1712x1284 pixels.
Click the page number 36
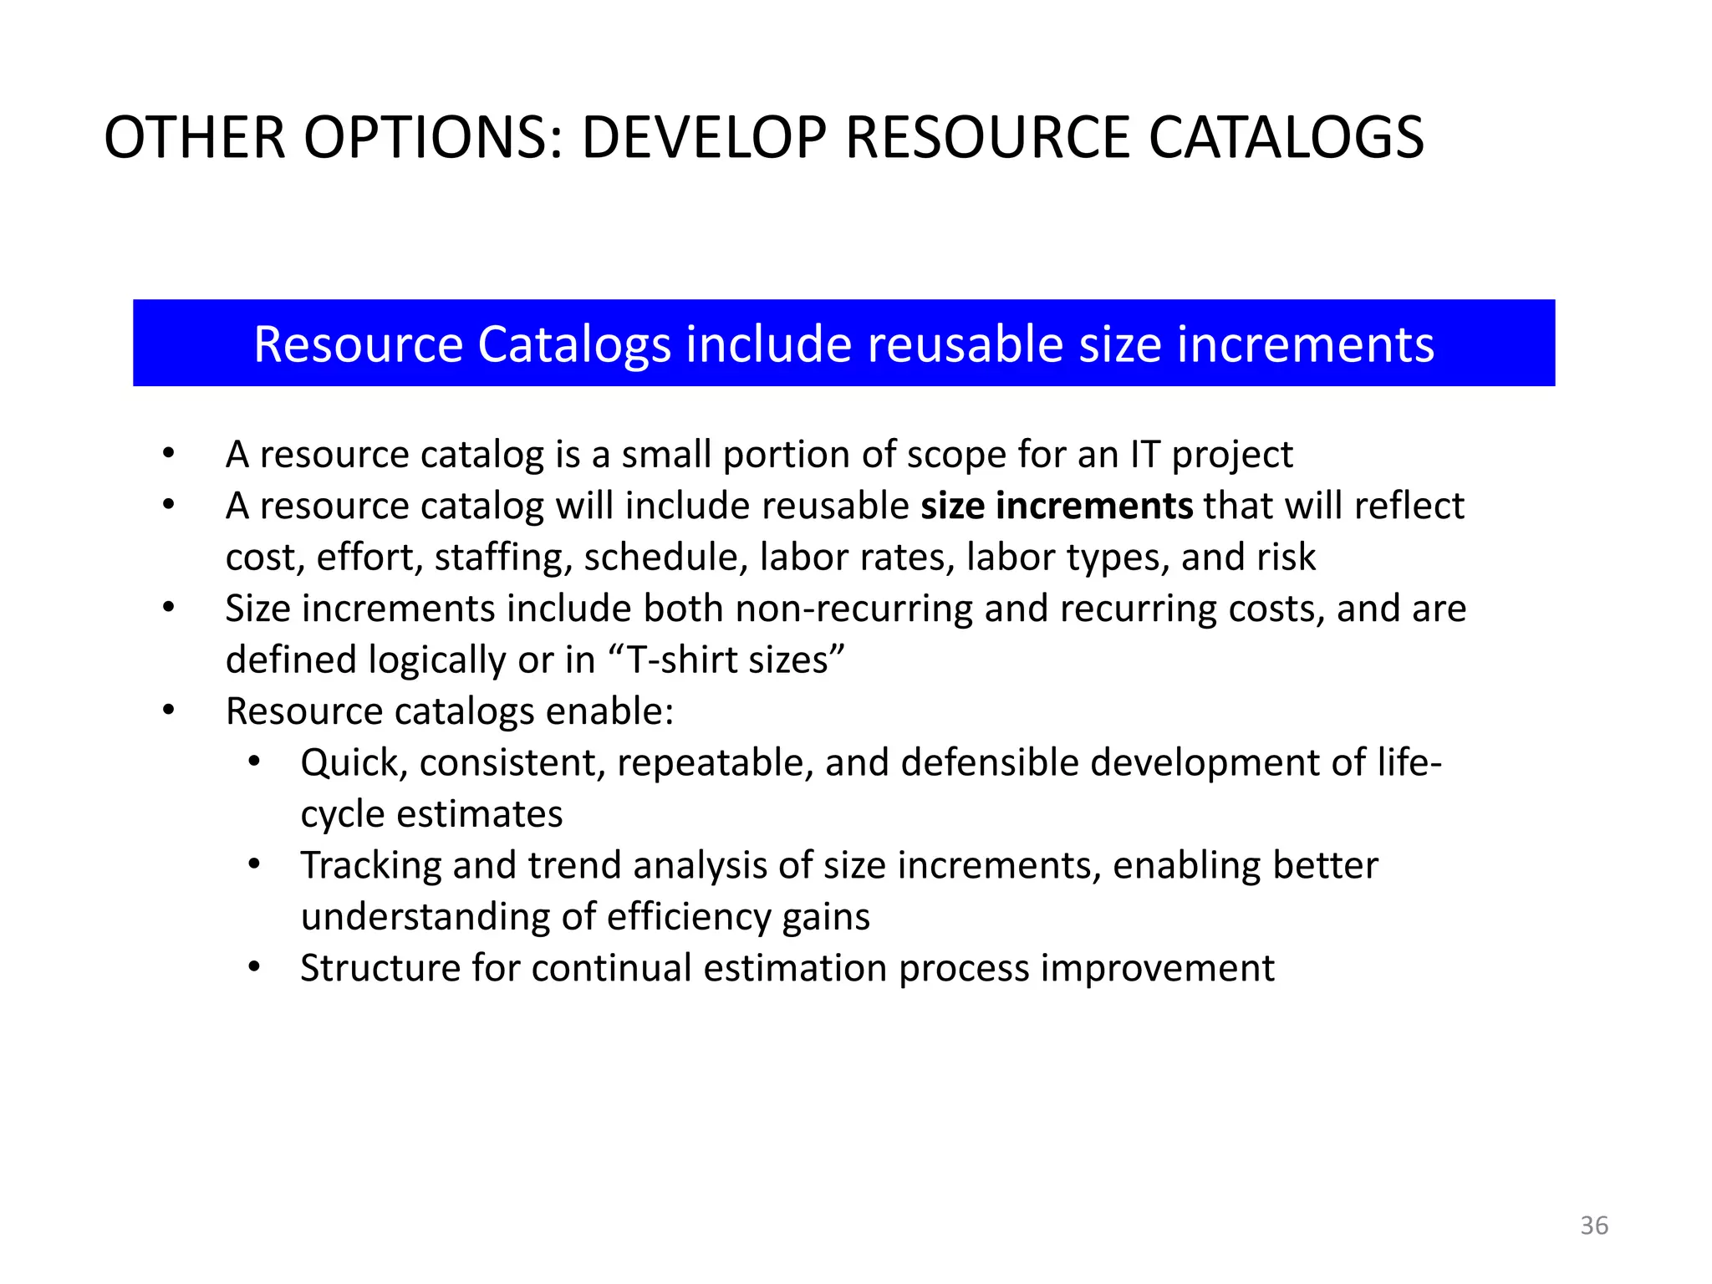[1593, 1225]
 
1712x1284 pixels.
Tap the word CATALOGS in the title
[1287, 138]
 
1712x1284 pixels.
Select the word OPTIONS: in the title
[433, 138]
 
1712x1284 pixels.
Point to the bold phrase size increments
[1057, 506]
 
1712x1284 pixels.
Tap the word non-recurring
[854, 609]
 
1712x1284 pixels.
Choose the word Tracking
[370, 865]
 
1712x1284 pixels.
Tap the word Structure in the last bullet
[380, 968]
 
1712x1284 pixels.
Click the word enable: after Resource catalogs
[609, 711]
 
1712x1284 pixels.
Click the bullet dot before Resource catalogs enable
[169, 711]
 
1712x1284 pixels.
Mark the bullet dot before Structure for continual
[254, 968]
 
